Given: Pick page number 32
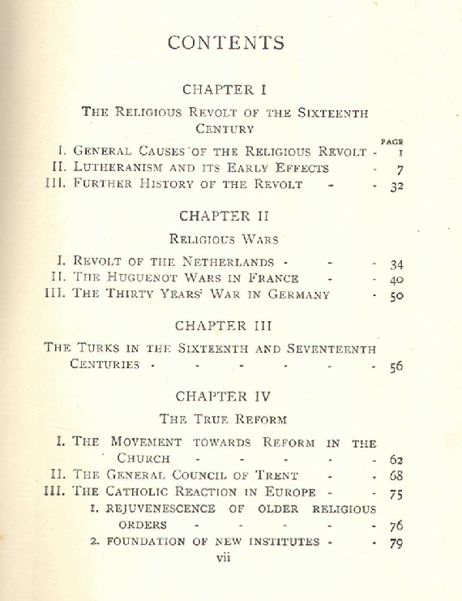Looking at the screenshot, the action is pyautogui.click(x=396, y=186).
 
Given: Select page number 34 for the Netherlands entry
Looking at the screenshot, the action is pyautogui.click(x=396, y=264).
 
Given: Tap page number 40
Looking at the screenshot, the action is pyautogui.click(x=396, y=280).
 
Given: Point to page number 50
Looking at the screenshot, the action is pyautogui.click(x=396, y=296).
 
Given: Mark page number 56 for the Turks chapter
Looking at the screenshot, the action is pyautogui.click(x=395, y=367).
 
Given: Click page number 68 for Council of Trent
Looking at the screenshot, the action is pyautogui.click(x=396, y=476).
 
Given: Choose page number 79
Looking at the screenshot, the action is pyautogui.click(x=396, y=543).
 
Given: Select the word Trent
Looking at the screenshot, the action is pyautogui.click(x=275, y=476).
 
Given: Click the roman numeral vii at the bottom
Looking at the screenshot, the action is pyautogui.click(x=225, y=557).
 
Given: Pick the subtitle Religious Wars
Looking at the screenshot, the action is pyautogui.click(x=224, y=239).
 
